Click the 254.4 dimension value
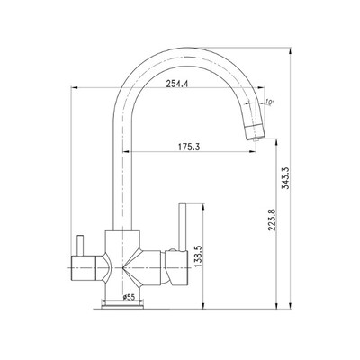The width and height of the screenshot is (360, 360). point(177,84)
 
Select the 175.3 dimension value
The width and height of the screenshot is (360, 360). point(189,148)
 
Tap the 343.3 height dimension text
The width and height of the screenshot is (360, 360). point(285,178)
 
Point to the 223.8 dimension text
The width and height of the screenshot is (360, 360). point(272,220)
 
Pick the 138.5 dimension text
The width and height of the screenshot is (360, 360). point(199,256)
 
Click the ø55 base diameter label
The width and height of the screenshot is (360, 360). point(130,297)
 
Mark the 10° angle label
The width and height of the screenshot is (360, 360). point(269,103)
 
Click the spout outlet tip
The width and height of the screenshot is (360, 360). point(256,139)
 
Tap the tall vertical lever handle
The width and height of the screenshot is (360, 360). point(183,227)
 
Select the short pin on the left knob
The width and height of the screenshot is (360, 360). point(80,246)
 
